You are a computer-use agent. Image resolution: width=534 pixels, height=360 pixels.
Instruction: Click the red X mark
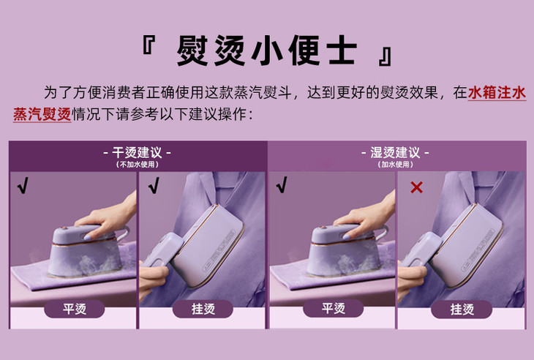click(x=416, y=187)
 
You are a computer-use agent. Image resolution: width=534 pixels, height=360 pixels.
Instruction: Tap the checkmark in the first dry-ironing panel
click(x=23, y=186)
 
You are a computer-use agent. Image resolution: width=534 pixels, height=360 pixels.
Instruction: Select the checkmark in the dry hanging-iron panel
click(x=154, y=186)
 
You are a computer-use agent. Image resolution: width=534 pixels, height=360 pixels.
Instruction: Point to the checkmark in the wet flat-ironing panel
click(x=282, y=185)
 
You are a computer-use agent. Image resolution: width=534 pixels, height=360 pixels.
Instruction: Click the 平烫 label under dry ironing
click(x=75, y=310)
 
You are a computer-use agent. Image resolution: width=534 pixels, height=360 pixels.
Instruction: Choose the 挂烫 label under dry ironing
click(x=203, y=310)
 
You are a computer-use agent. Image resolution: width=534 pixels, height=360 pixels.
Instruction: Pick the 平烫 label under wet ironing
click(x=334, y=309)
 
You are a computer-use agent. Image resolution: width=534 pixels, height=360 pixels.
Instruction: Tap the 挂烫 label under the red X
click(x=462, y=310)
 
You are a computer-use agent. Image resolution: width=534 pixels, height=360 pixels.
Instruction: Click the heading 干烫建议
click(x=137, y=153)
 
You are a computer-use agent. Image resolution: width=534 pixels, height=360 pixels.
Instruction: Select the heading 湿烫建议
click(x=395, y=153)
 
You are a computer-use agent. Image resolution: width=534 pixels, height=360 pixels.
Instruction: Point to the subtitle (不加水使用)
click(x=137, y=165)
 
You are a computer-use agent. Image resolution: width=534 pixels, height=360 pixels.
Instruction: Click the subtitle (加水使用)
click(x=395, y=165)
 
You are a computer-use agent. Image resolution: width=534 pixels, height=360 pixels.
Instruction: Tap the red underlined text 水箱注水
click(x=497, y=93)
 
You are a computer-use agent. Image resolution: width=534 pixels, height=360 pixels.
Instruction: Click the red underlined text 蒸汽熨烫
click(x=42, y=114)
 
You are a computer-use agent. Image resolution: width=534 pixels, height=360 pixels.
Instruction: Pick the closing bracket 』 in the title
click(x=386, y=56)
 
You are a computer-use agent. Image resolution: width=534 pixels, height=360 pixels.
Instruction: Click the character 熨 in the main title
click(x=192, y=50)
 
